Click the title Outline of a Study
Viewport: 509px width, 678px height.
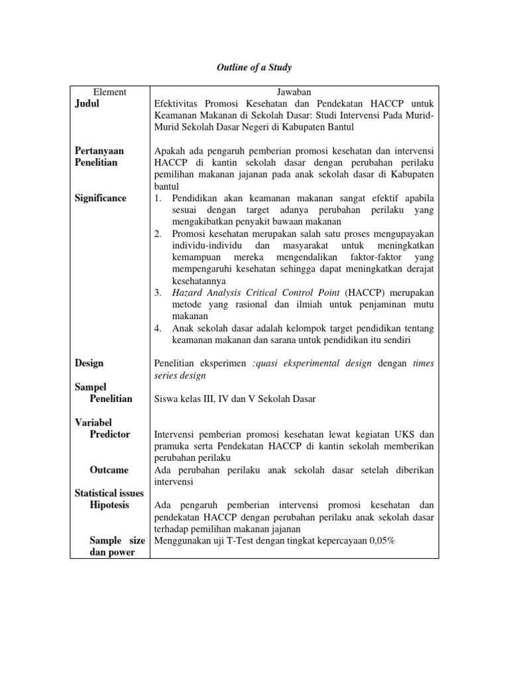(254, 68)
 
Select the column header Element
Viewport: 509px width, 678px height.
(109, 93)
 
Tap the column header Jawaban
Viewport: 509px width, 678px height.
(293, 93)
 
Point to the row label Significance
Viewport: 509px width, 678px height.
(100, 198)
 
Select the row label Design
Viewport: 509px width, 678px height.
(89, 363)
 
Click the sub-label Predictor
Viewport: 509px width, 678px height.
(109, 434)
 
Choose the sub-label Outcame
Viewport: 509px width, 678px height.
(109, 469)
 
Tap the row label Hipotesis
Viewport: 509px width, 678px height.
(109, 505)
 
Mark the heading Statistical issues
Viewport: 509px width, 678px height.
(109, 493)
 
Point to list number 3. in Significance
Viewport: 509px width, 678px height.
(158, 292)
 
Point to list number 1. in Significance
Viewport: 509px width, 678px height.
(158, 198)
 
